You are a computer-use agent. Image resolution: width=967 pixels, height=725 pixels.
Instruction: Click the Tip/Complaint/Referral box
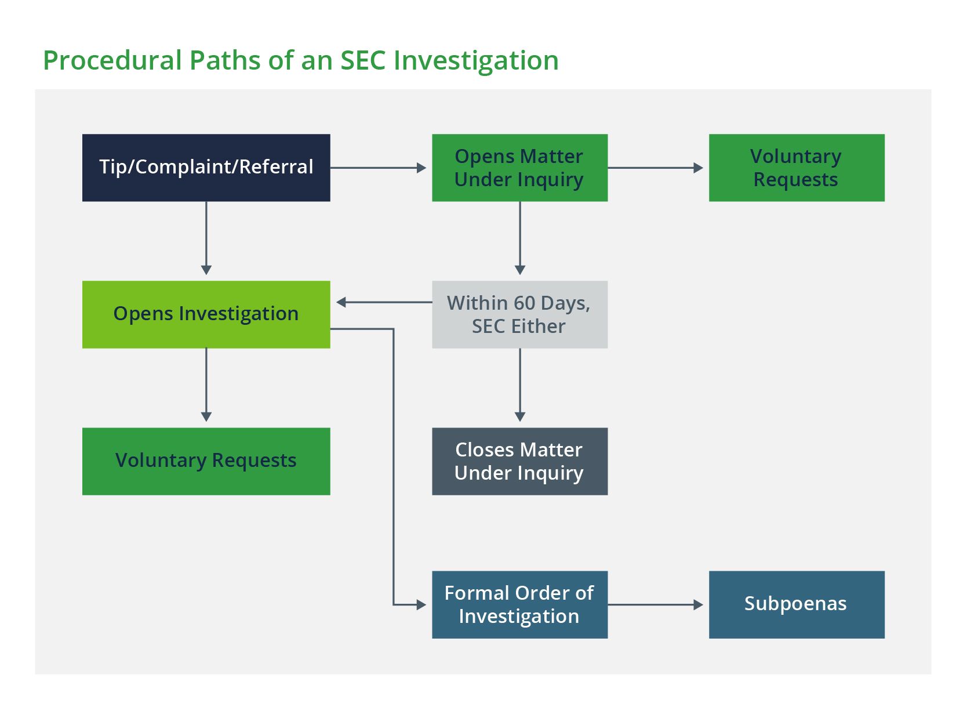coord(206,168)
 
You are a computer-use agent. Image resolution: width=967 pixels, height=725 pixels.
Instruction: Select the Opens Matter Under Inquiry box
coord(519,168)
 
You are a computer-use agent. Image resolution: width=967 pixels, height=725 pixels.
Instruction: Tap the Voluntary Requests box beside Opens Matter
coord(796,168)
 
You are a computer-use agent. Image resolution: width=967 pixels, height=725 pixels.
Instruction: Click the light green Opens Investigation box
coord(206,314)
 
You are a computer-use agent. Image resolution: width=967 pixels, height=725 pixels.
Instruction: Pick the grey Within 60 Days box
coord(519,314)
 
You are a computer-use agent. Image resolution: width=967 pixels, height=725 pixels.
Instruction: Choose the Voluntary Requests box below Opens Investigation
coord(206,461)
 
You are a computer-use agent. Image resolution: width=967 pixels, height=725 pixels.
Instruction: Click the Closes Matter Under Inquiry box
coord(519,461)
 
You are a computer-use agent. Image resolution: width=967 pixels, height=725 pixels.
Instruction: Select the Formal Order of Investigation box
coord(519,604)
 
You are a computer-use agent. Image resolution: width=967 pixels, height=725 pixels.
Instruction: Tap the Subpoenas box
coord(796,604)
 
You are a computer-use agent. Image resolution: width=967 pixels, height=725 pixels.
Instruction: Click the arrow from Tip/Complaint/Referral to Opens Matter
coord(378,168)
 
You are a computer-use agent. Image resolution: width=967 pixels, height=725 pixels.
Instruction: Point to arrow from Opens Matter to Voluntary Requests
coord(655,168)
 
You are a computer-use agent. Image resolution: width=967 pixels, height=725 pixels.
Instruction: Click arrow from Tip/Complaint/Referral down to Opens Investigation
coord(206,238)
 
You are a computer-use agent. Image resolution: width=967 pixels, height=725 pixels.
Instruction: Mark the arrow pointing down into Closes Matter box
coord(520,386)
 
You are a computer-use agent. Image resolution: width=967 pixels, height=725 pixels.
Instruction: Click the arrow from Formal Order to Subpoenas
coord(655,604)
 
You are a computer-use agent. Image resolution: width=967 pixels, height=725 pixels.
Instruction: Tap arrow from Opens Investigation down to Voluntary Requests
coord(206,385)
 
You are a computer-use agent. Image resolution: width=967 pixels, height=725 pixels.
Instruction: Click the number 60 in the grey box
coord(524,303)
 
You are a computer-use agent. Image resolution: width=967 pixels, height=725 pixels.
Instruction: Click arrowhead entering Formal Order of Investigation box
coord(421,604)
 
